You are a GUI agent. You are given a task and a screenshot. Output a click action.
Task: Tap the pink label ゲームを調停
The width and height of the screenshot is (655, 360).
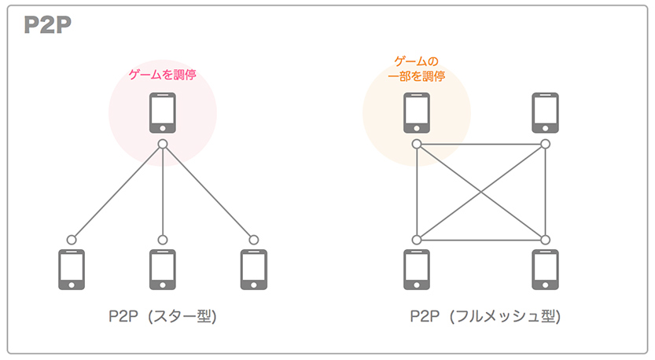pos(162,75)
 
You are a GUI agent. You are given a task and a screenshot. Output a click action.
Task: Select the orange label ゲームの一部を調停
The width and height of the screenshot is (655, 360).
pos(417,68)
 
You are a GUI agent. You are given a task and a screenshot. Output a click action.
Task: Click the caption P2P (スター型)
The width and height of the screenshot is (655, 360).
pos(162,318)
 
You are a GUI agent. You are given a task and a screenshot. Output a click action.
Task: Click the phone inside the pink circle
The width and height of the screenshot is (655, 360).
pos(162,113)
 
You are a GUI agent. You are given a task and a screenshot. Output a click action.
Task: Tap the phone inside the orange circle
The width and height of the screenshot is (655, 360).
pos(417,113)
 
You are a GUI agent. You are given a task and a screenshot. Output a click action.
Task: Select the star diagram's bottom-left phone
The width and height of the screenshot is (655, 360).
pos(72,270)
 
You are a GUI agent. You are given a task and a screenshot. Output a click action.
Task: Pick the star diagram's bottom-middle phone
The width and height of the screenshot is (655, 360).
pos(162,270)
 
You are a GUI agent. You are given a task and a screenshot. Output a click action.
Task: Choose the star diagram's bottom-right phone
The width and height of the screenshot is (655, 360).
pos(253,270)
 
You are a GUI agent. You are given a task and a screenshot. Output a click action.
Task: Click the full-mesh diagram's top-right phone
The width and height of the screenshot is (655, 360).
pos(545,113)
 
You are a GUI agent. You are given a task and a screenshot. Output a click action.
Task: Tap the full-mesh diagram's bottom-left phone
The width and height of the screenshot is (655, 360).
pos(417,270)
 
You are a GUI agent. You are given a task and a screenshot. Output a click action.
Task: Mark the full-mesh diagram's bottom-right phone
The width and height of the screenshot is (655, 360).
pos(545,270)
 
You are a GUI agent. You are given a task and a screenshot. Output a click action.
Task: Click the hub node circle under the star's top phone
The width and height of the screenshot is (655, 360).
pos(162,144)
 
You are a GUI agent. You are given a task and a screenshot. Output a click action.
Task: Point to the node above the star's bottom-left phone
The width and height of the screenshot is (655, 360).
pos(72,240)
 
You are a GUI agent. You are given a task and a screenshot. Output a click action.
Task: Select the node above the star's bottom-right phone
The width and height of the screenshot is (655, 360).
pos(253,240)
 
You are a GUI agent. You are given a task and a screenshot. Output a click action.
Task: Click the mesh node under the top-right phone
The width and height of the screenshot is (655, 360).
pos(545,144)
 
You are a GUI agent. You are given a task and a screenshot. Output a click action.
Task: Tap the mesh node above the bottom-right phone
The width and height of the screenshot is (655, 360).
pos(545,240)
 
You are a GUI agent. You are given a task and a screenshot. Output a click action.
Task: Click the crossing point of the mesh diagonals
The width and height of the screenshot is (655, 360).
pos(480,192)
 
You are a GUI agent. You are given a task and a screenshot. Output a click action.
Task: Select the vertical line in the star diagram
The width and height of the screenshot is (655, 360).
pos(162,193)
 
